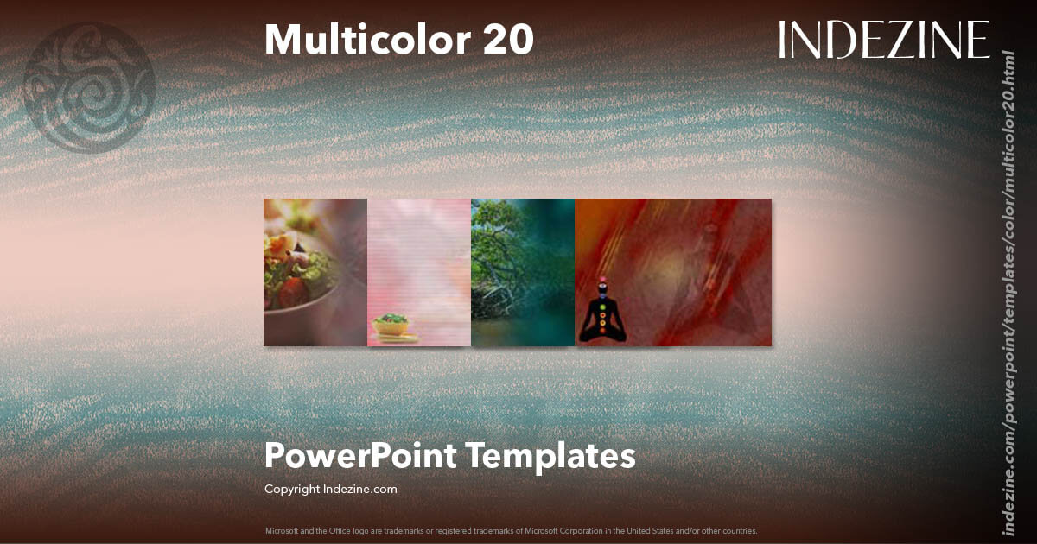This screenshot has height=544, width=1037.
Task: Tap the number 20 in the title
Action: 509,40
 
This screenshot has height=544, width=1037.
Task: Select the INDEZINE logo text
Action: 883,40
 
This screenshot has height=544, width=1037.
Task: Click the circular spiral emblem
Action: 90,88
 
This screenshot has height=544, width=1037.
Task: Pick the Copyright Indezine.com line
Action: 330,489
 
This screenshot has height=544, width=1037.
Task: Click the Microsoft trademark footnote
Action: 511,530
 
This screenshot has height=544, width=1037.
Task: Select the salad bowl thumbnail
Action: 315,272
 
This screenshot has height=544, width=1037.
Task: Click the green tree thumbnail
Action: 523,272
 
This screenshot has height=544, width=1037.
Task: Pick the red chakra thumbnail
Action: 673,272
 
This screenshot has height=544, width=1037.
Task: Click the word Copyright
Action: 292,489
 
